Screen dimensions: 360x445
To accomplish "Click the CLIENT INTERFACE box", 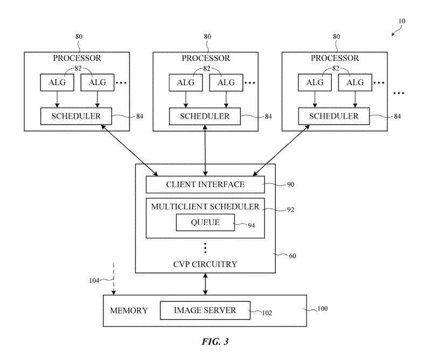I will point(205,185).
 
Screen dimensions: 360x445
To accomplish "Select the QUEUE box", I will point(205,222).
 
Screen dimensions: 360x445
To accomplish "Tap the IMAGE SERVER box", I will point(205,310).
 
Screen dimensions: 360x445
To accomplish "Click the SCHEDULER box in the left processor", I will point(76,115).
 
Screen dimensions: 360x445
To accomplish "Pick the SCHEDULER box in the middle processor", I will point(205,115).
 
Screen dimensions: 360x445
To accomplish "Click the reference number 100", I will point(322,309).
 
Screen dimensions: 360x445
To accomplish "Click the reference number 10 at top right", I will point(402,22).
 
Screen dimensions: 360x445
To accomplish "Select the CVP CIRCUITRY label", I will point(205,264).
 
